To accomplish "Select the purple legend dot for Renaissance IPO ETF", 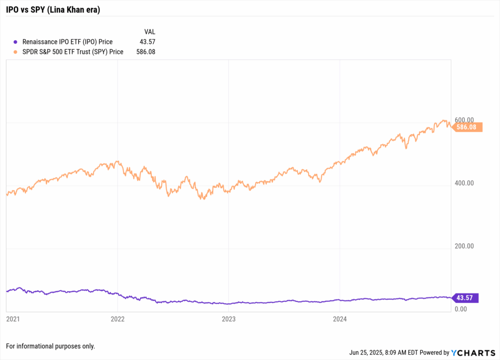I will (x=16, y=42).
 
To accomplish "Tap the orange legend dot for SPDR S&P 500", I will (x=16, y=52).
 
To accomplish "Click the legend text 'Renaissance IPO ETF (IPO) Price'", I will (x=67, y=42).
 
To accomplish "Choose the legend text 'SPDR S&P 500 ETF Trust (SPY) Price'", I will (x=73, y=52).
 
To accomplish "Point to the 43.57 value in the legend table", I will (x=147, y=42).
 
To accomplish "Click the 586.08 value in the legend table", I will (x=146, y=52).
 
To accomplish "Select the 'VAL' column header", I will (x=149, y=32).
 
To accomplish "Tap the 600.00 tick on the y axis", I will (x=464, y=120).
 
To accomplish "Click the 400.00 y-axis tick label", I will (x=464, y=183).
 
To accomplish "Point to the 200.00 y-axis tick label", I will (x=464, y=246).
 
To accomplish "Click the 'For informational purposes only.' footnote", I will (x=50, y=346).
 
